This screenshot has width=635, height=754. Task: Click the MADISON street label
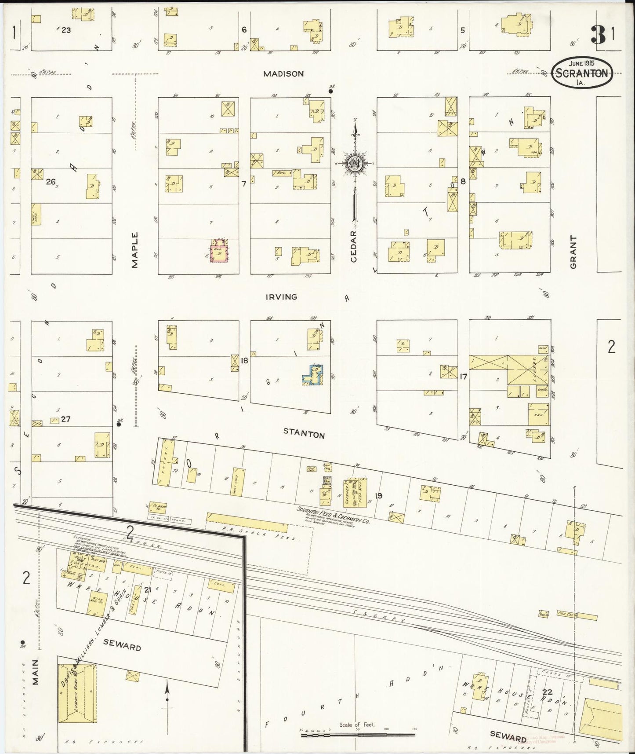click(x=283, y=74)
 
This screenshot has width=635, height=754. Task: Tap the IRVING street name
click(x=281, y=297)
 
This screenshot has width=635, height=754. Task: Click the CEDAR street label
click(x=354, y=246)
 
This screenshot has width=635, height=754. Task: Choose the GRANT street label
click(x=573, y=252)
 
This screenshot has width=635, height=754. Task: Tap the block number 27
click(x=66, y=419)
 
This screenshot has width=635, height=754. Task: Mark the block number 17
click(x=463, y=377)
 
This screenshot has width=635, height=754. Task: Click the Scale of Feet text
click(x=356, y=724)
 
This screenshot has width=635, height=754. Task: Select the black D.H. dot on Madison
click(x=330, y=92)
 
